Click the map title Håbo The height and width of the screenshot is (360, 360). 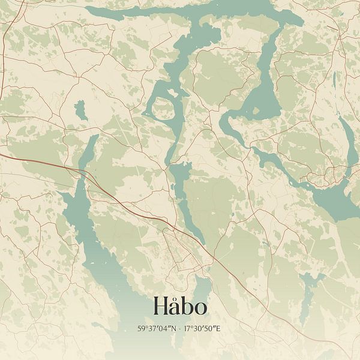[180, 306]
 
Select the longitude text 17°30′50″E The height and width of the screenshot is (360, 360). [202, 329]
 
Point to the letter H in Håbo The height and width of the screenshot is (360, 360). [160, 307]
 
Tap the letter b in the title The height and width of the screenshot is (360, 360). [187, 306]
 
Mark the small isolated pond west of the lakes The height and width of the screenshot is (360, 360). [80, 109]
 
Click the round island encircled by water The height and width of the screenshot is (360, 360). [161, 109]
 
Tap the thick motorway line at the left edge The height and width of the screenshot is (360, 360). [24, 160]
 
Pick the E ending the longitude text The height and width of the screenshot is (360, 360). [220, 329]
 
